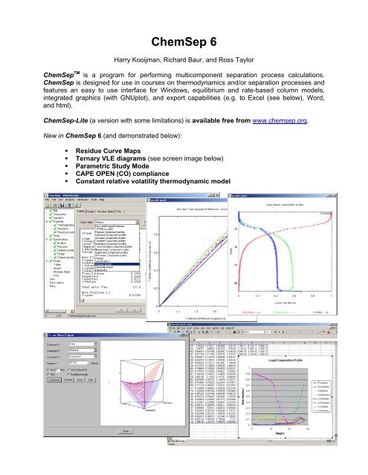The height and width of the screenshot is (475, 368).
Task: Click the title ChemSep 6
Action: [x=184, y=42]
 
